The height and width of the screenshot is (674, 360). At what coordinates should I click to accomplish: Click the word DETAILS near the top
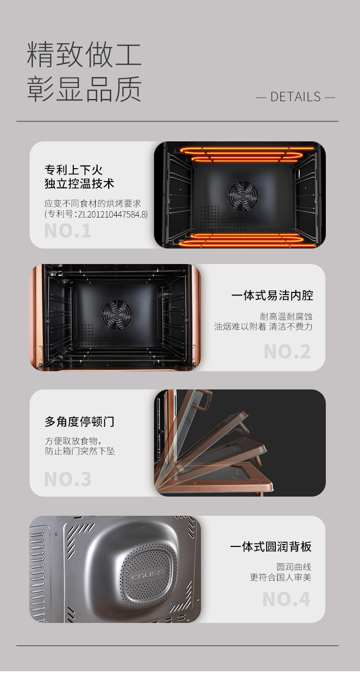(295, 97)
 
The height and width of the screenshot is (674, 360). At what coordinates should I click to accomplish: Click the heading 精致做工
(84, 54)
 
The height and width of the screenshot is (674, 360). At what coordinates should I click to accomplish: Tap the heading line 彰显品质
(84, 89)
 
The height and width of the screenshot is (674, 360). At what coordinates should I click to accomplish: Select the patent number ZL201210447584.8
(112, 214)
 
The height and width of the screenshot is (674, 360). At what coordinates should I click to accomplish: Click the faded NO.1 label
(67, 231)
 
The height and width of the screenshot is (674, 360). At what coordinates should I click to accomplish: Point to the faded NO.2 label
(287, 352)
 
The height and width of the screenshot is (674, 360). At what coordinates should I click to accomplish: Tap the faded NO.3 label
(67, 479)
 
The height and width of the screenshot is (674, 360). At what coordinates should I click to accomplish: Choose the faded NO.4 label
(286, 599)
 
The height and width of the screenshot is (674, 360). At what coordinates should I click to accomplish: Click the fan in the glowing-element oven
(243, 196)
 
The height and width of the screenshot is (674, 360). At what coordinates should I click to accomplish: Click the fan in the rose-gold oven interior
(117, 315)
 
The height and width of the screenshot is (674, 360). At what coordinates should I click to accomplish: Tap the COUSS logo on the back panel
(148, 575)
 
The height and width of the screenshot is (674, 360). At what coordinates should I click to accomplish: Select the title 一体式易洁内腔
(272, 296)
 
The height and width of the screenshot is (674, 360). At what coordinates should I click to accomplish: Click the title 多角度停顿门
(80, 421)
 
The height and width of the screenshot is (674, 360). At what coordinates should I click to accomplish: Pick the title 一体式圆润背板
(271, 547)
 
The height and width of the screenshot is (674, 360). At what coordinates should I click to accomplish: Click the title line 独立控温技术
(79, 183)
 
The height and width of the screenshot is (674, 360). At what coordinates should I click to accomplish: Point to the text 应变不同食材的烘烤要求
(93, 203)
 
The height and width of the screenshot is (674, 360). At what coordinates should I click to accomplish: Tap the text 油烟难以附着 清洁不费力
(263, 327)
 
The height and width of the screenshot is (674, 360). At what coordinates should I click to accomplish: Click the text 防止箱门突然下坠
(80, 451)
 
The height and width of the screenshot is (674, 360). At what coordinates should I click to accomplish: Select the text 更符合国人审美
(281, 577)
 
